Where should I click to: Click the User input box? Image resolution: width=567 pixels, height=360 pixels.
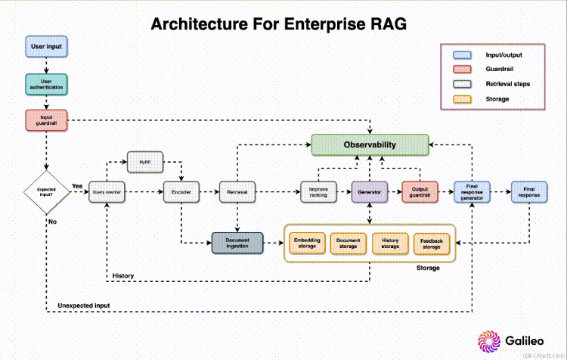pos(46,47)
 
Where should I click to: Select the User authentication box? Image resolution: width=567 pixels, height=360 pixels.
pos(46,84)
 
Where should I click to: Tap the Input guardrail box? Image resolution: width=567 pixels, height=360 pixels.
pos(46,120)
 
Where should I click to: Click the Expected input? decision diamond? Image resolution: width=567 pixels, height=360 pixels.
pos(46,193)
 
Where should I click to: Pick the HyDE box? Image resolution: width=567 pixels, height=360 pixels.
pos(144,162)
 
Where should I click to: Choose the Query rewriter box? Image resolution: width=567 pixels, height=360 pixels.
pos(107,193)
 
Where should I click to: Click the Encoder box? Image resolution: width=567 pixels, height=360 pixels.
pos(181,193)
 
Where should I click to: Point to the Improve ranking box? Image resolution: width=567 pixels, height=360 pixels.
pos(318,193)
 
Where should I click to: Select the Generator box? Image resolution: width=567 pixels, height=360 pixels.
pos(370,193)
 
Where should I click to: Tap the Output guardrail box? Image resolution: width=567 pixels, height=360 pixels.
pos(420,193)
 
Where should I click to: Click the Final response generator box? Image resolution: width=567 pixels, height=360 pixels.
pos(472,193)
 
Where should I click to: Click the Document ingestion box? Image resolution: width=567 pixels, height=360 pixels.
pos(237,243)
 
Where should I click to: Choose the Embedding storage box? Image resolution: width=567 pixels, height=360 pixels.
pos(307,243)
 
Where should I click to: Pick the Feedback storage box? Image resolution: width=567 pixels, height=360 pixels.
pos(432,243)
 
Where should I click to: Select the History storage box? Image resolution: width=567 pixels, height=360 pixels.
pos(391,243)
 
